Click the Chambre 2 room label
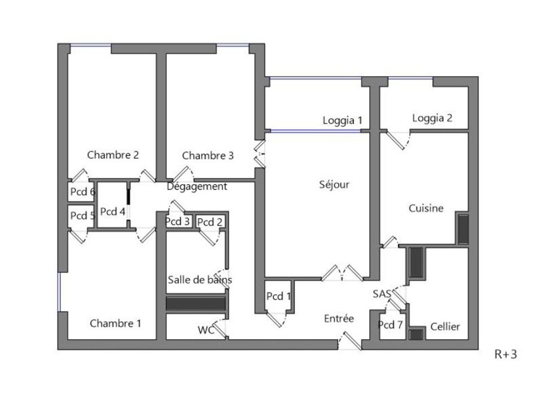click(x=113, y=155)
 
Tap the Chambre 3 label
click(x=208, y=156)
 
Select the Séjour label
click(x=334, y=184)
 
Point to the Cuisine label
click(x=426, y=208)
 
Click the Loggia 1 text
click(x=343, y=120)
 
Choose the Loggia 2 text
click(x=432, y=118)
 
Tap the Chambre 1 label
click(x=115, y=323)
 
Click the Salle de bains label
click(x=200, y=280)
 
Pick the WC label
click(x=206, y=330)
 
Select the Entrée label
click(x=339, y=318)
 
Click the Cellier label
click(x=445, y=326)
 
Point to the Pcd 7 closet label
click(x=391, y=324)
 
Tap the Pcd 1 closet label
click(x=278, y=296)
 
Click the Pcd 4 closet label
click(x=113, y=211)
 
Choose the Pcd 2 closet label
click(x=210, y=222)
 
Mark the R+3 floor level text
click(x=506, y=354)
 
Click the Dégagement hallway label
click(x=197, y=186)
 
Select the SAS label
click(x=382, y=294)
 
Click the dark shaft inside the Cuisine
click(x=463, y=229)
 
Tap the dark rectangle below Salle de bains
click(x=196, y=304)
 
